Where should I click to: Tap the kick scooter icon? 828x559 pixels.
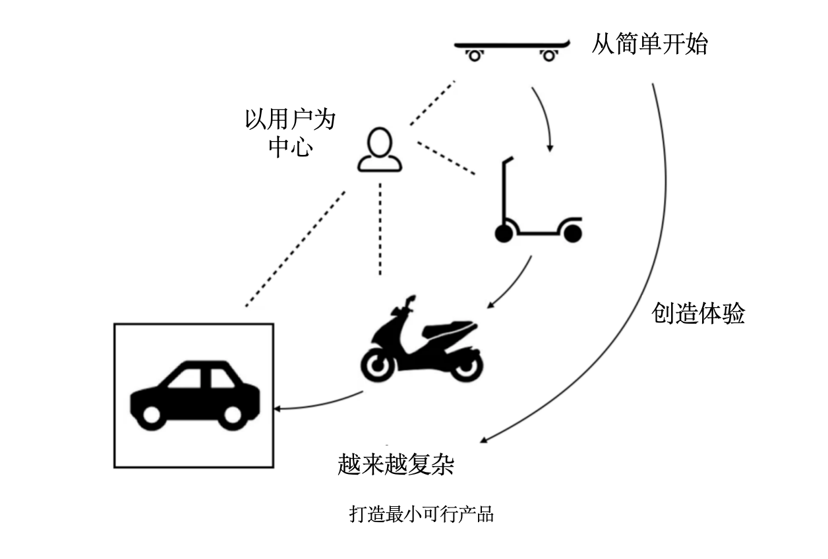(537, 211)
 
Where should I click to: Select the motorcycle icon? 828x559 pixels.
(422, 343)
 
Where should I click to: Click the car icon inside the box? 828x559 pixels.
(194, 394)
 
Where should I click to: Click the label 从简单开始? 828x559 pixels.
(649, 45)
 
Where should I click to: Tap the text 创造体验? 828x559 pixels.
(698, 313)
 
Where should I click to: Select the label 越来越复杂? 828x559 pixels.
(396, 465)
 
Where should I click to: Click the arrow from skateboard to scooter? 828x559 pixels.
(545, 115)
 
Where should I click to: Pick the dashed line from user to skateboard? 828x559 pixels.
(432, 103)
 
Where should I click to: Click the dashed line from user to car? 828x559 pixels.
(295, 249)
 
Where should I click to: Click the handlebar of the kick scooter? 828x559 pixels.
(506, 162)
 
